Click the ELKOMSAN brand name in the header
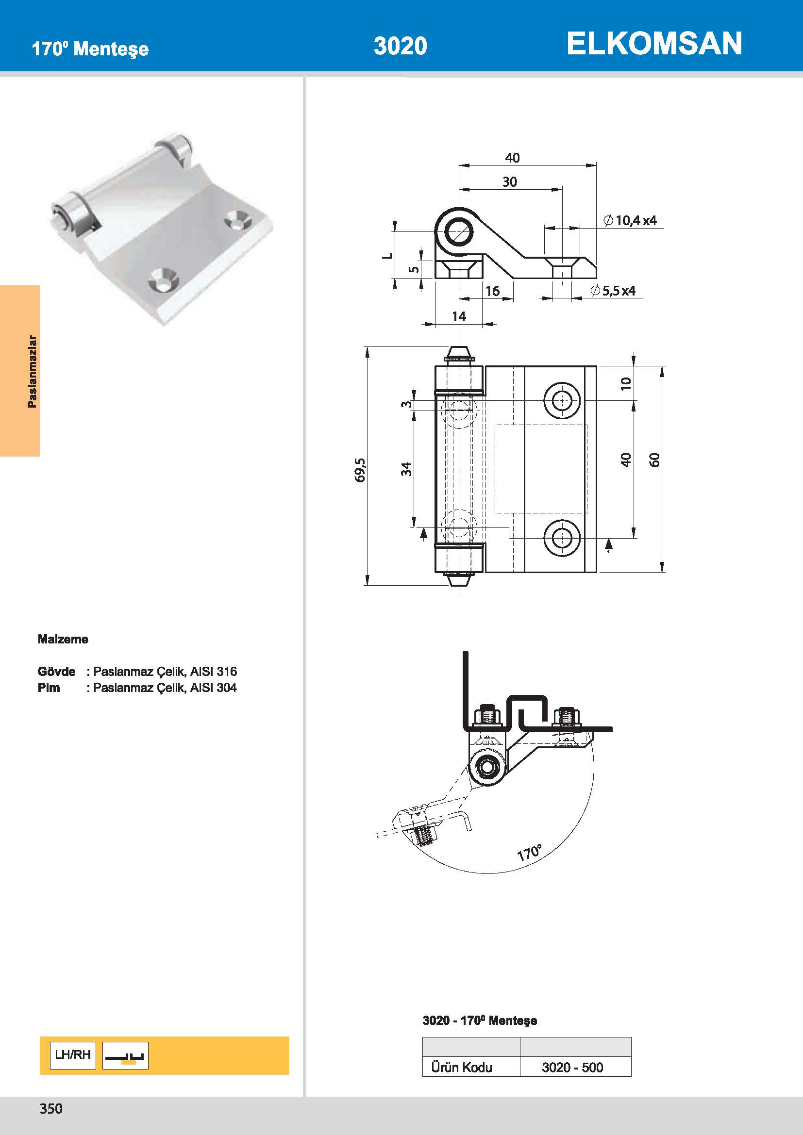(653, 44)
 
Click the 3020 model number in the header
(400, 46)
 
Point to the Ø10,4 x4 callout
(630, 220)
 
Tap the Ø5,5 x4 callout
(613, 291)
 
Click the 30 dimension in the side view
(510, 182)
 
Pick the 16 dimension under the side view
(492, 291)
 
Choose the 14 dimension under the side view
(459, 316)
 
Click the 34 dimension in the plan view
(406, 469)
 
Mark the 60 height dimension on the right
(654, 460)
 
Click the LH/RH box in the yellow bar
(73, 1055)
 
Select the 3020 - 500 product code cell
(572, 1067)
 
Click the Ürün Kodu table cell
(461, 1067)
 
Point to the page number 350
(51, 1108)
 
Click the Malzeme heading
(63, 639)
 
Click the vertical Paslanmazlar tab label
(32, 371)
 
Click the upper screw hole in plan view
(562, 400)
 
